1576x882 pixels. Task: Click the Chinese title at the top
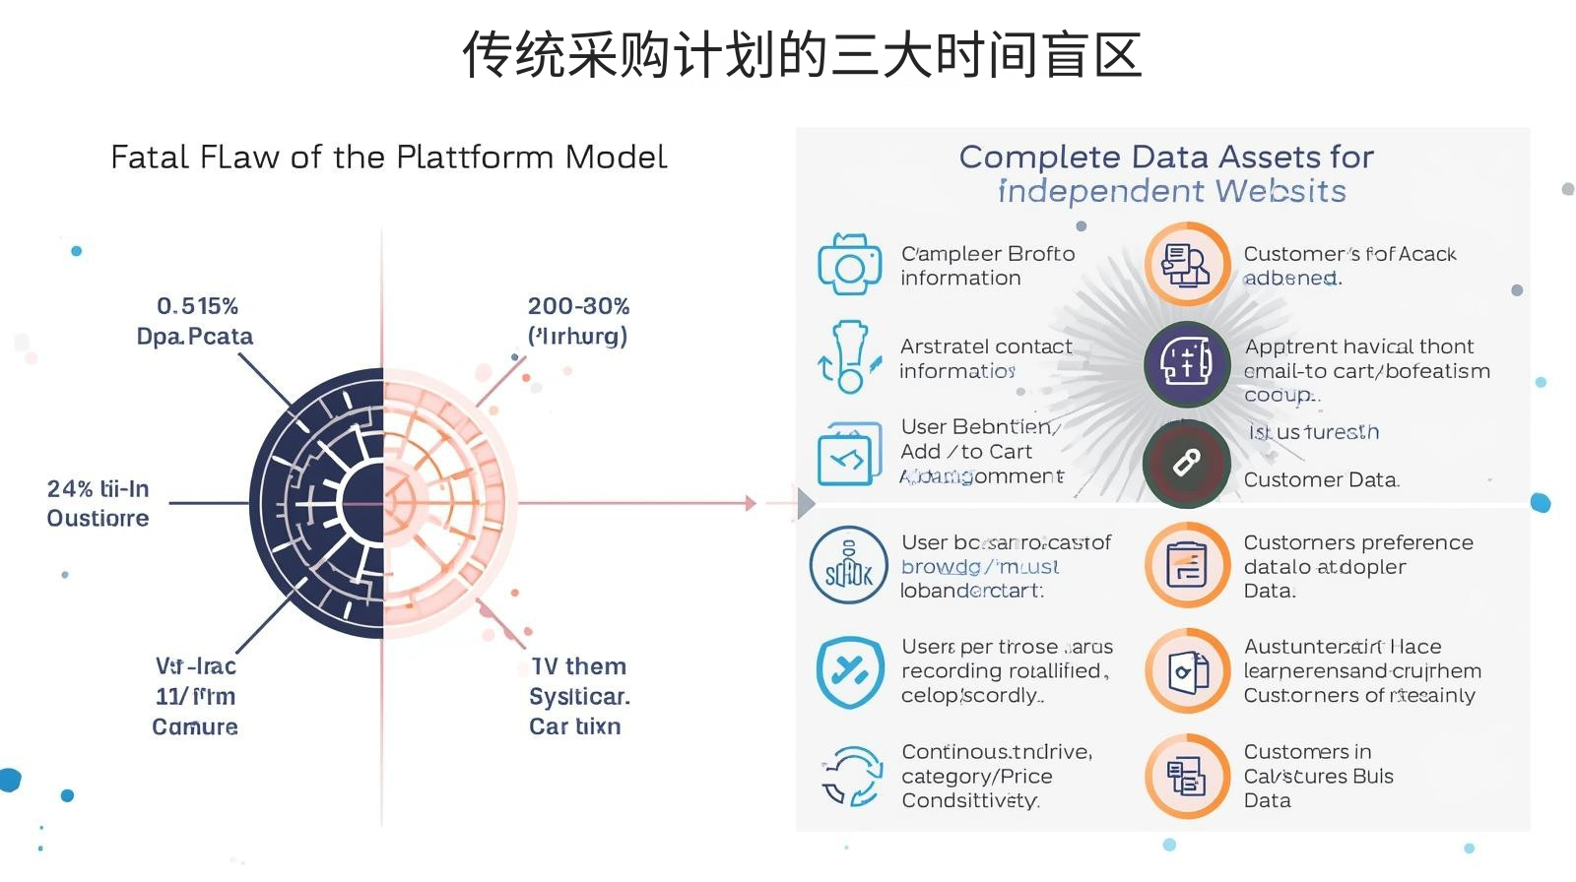(802, 55)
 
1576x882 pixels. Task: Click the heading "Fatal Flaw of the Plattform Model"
(388, 157)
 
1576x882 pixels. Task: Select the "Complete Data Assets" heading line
(1166, 157)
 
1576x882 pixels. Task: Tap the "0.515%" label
(197, 306)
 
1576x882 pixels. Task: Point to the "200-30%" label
(578, 306)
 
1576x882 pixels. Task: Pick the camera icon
(849, 264)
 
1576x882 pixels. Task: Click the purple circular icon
(1186, 364)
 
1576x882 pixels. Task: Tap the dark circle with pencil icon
(1186, 464)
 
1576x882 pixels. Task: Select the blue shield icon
(849, 671)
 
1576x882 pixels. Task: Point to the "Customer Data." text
(1321, 480)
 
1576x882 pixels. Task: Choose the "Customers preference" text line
(1358, 542)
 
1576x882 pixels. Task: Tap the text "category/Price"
(976, 777)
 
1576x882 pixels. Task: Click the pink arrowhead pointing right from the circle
(751, 503)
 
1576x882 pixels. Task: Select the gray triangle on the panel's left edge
(806, 503)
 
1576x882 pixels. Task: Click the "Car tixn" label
(574, 726)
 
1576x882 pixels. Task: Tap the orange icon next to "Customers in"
(1186, 777)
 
